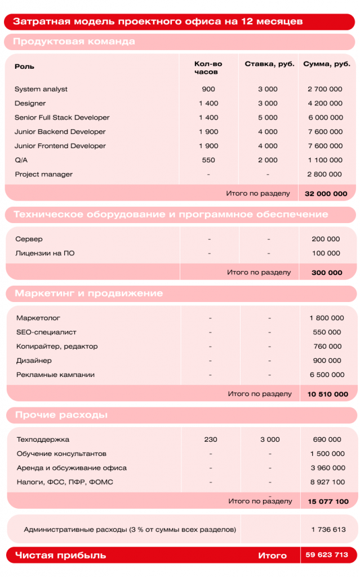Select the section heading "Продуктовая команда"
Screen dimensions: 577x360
tap(74, 42)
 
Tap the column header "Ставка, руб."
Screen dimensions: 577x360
tap(269, 64)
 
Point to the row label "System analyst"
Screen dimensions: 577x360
tap(41, 89)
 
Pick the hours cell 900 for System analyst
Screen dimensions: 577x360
tap(208, 89)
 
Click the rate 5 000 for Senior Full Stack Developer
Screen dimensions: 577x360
tap(268, 118)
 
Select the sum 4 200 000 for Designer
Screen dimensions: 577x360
tap(325, 104)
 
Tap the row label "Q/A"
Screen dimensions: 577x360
tap(21, 160)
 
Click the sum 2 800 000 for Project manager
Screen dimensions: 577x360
tap(325, 175)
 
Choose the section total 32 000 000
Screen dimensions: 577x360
tap(326, 193)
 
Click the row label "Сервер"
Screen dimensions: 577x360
tap(29, 239)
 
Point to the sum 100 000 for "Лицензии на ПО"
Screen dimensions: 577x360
tap(326, 254)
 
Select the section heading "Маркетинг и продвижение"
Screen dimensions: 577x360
tap(89, 294)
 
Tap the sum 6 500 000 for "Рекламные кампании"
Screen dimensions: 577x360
tap(327, 375)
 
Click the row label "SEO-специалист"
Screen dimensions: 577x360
tap(46, 332)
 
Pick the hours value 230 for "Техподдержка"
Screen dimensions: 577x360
tap(210, 440)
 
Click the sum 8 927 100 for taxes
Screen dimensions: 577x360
tap(327, 482)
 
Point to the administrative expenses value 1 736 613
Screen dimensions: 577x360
tap(328, 530)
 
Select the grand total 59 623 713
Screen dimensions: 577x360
tap(327, 555)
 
